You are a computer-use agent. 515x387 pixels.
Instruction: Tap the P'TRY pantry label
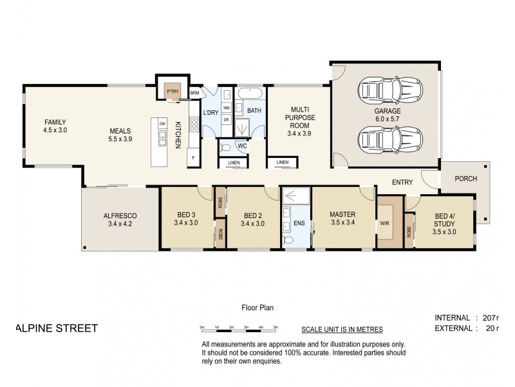click(x=172, y=92)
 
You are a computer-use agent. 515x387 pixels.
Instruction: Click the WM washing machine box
click(x=227, y=108)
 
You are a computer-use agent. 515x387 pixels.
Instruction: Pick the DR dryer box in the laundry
click(x=227, y=119)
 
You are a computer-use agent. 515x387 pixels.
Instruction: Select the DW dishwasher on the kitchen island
click(x=163, y=123)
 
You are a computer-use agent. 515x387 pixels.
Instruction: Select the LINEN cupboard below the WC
click(x=234, y=162)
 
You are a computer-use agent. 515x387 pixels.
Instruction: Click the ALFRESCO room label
click(x=119, y=216)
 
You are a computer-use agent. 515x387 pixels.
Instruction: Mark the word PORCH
click(x=464, y=179)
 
